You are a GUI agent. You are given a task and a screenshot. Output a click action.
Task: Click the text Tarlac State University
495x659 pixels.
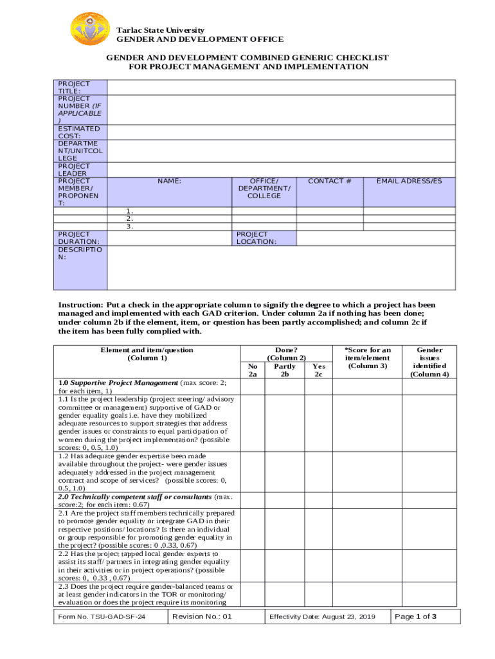pos(160,30)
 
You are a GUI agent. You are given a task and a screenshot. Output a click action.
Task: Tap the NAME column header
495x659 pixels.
pos(169,181)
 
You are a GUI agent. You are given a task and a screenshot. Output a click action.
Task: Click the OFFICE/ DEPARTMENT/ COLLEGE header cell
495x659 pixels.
pos(264,189)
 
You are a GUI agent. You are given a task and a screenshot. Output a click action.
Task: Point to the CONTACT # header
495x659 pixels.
pos(329,181)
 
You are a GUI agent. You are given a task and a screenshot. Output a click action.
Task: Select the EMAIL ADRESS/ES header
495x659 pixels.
pos(410,181)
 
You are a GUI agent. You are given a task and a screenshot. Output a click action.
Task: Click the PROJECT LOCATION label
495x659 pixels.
pos(256,238)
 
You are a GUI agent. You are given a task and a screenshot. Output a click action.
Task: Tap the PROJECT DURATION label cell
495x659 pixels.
pos(79,238)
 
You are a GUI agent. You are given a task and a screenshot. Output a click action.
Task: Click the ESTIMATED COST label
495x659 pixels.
pos(79,133)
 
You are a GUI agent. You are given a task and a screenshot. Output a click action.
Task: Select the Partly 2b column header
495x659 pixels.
pos(285,370)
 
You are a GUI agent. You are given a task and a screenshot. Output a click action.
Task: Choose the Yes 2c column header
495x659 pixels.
pos(318,370)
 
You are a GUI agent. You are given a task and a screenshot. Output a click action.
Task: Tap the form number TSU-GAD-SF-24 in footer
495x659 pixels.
pos(102,617)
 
